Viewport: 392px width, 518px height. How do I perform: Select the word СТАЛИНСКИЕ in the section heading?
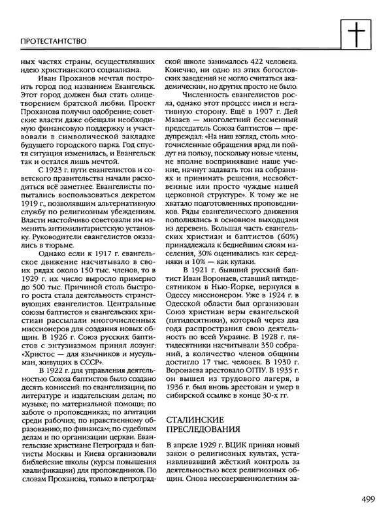pyautogui.click(x=197, y=418)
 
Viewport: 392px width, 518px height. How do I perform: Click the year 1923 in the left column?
pyautogui.click(x=46, y=169)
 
